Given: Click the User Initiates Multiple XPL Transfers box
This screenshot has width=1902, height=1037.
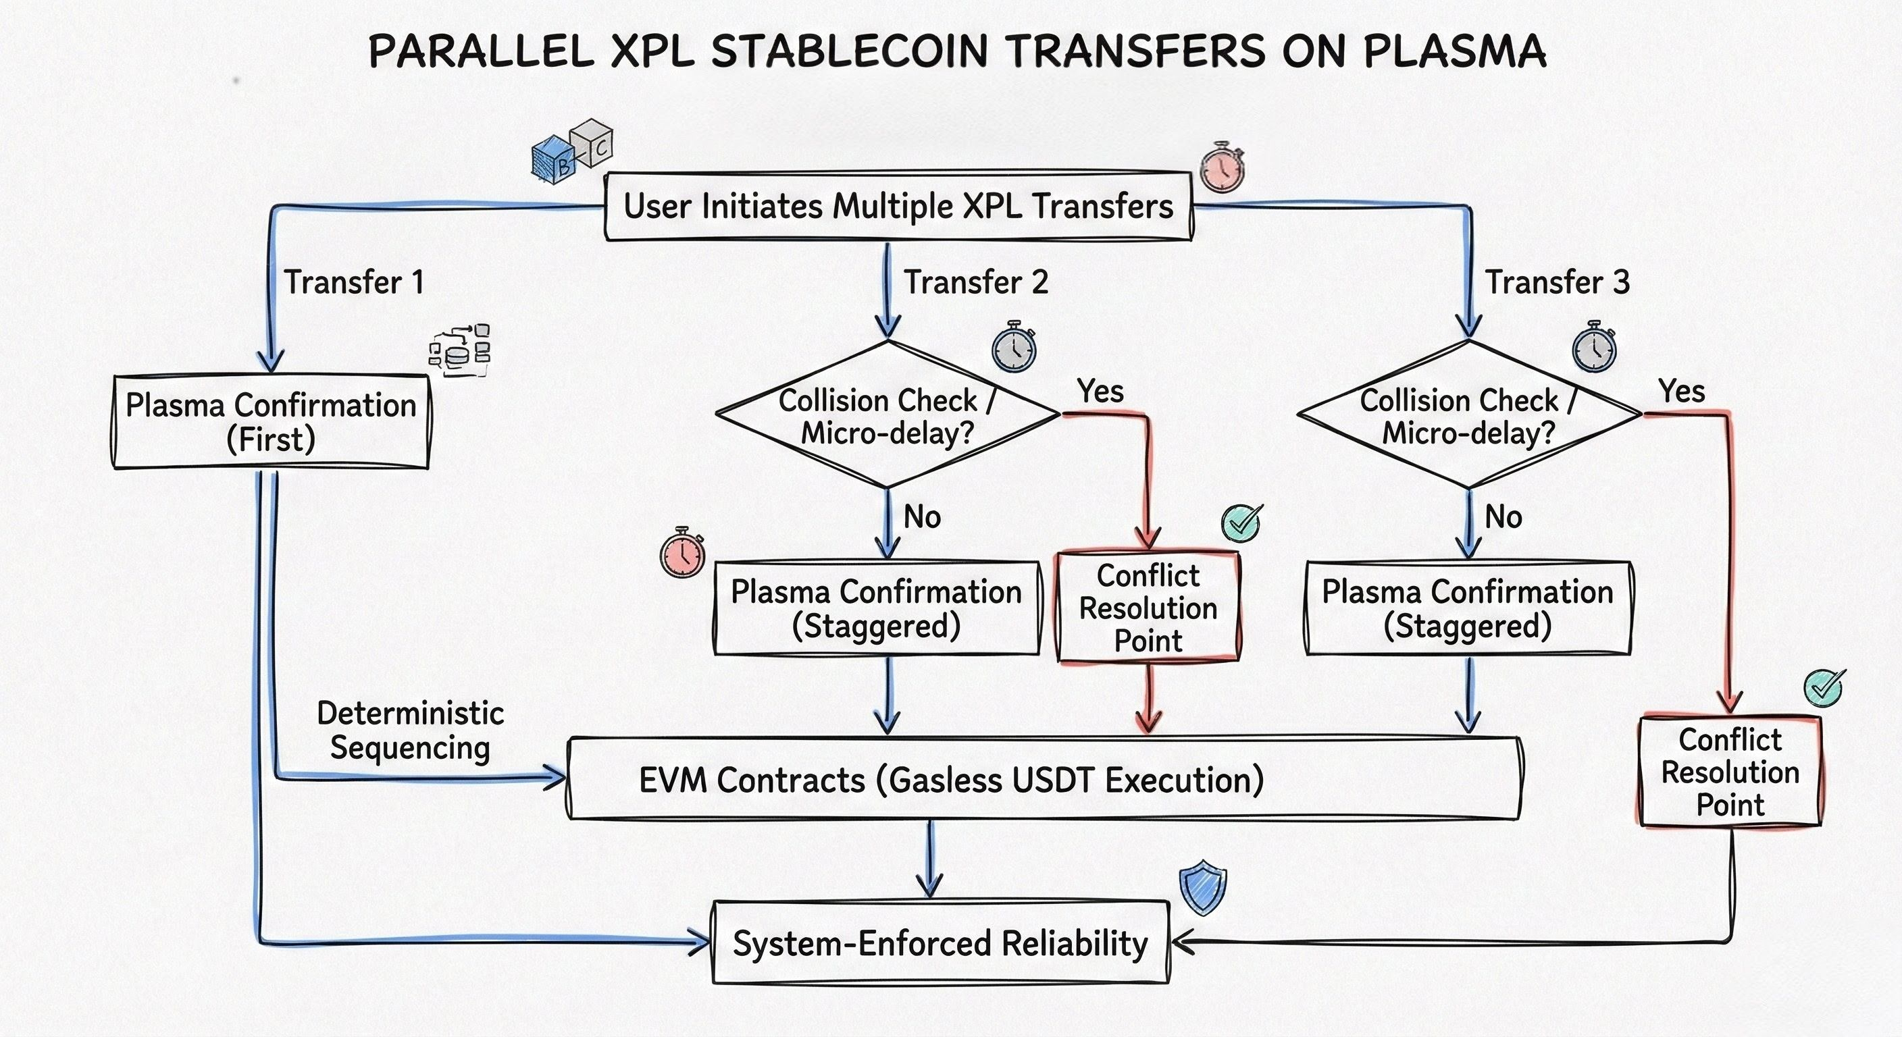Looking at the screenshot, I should (898, 206).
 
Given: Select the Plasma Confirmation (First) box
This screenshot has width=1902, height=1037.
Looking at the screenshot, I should (271, 422).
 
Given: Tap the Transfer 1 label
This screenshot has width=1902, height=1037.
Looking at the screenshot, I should (354, 282).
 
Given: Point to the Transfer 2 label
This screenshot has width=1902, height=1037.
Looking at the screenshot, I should (975, 282).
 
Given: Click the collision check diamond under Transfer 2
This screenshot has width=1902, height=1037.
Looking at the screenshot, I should (888, 415).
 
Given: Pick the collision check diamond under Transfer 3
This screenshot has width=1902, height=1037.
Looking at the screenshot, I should (1468, 415).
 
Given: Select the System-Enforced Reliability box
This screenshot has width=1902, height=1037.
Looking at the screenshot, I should (940, 943).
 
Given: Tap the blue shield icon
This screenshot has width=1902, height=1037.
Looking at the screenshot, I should (1203, 888).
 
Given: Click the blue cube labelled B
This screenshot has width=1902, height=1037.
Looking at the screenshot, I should (553, 160).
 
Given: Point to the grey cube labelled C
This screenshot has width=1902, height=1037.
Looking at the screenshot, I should (594, 142).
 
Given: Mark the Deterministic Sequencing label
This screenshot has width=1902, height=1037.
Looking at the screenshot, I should (410, 730).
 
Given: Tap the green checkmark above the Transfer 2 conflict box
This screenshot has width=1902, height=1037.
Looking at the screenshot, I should (1242, 523).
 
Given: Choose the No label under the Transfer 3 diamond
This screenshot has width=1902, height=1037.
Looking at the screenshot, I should (1503, 517).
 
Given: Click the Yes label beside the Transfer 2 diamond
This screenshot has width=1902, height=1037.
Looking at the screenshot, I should (1100, 391).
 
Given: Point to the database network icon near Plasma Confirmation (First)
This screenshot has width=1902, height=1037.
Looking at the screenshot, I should (460, 350).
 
